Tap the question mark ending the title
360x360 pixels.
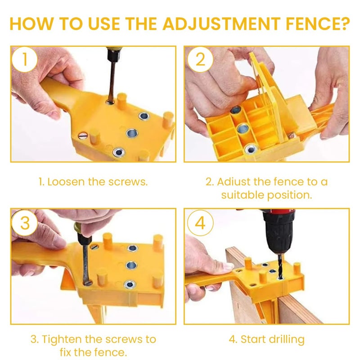tap(344, 23)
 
